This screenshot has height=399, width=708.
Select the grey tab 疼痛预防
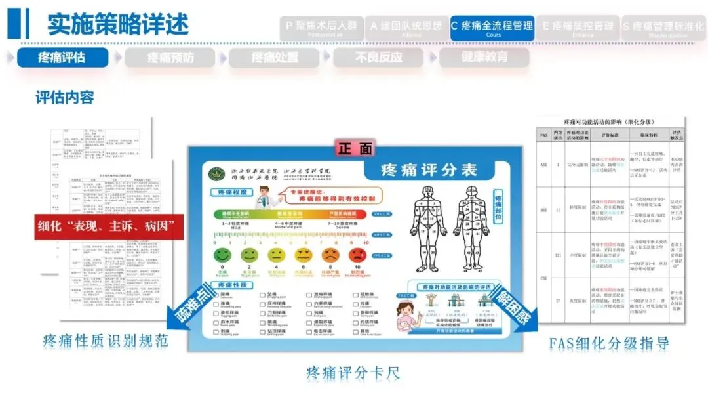pyautogui.click(x=170, y=57)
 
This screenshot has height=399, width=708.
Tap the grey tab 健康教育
pyautogui.click(x=484, y=57)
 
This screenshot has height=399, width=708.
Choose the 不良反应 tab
pyautogui.click(x=379, y=57)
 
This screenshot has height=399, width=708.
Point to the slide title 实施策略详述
pyautogui.click(x=117, y=24)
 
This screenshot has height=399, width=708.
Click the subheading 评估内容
pyautogui.click(x=65, y=98)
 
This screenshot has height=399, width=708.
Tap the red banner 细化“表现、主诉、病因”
pyautogui.click(x=108, y=226)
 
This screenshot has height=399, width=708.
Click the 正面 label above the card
pyautogui.click(x=355, y=148)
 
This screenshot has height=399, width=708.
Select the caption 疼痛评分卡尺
pyautogui.click(x=353, y=373)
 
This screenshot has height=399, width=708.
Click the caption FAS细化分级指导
pyautogui.click(x=609, y=343)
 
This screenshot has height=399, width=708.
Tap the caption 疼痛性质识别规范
pyautogui.click(x=106, y=341)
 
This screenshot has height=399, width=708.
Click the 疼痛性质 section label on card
pyautogui.click(x=231, y=285)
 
